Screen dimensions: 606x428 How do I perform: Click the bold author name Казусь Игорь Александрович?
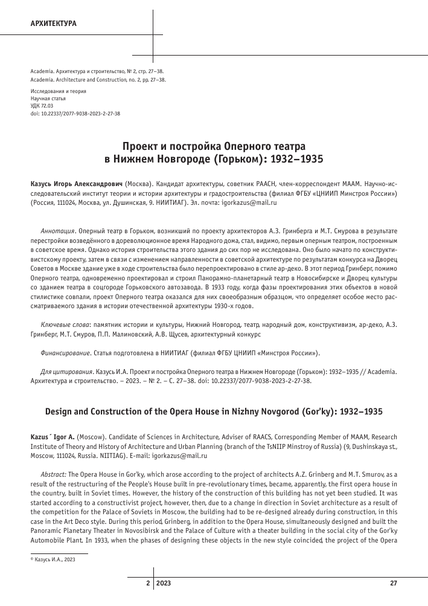pyautogui.click(x=76, y=182)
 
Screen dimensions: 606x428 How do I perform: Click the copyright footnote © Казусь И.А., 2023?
pyautogui.click(x=53, y=560)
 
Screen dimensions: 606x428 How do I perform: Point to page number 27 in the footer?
pyautogui.click(x=394, y=582)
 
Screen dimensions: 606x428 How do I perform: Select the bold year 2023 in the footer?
pyautogui.click(x=164, y=582)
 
